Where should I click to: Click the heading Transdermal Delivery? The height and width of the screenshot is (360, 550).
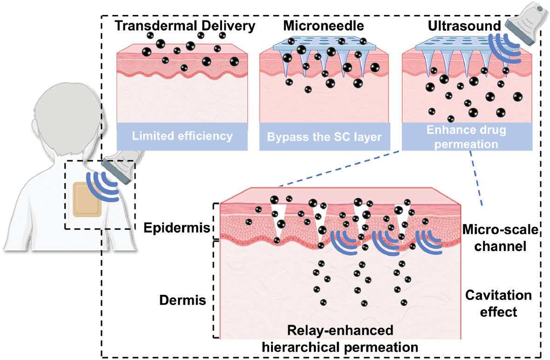click(x=185, y=26)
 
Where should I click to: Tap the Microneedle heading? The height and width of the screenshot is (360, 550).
click(x=325, y=26)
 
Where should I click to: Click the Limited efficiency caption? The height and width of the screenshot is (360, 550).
click(x=182, y=136)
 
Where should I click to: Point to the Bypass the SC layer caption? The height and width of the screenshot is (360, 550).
click(x=325, y=137)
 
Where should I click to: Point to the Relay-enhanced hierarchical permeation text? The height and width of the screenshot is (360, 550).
click(x=340, y=339)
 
